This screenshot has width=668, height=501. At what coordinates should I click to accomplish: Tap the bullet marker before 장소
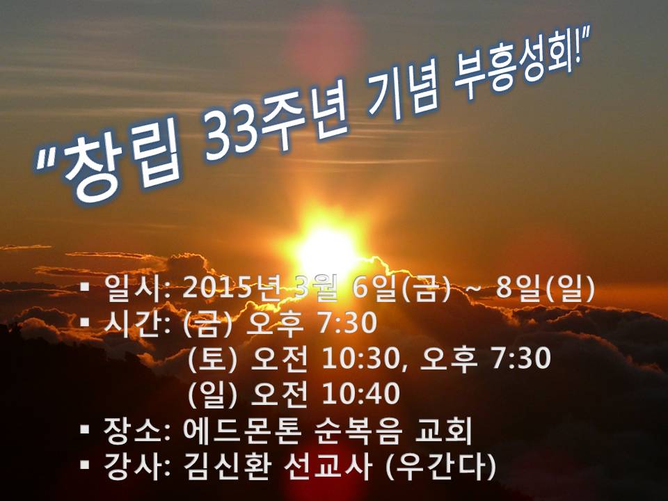pyautogui.click(x=85, y=429)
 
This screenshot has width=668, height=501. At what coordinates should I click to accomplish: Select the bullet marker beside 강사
pyautogui.click(x=85, y=465)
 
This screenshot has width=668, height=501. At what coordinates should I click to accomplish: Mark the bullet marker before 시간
pyautogui.click(x=85, y=321)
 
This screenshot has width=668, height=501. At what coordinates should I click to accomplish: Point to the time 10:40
pyautogui.click(x=361, y=394)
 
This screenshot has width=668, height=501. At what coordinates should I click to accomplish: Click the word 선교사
pyautogui.click(x=327, y=466)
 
